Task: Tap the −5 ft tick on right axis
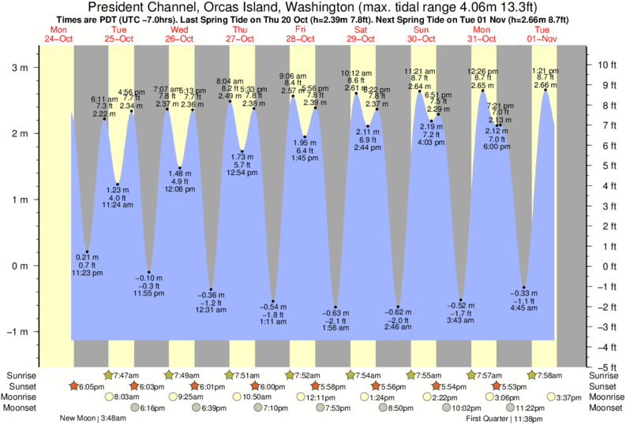pyautogui.click(x=606, y=367)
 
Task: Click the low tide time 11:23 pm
pyautogui.click(x=87, y=272)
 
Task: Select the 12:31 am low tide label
pyautogui.click(x=212, y=310)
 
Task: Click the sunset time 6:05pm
pyautogui.click(x=91, y=386)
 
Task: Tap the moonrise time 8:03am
pyautogui.click(x=126, y=397)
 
